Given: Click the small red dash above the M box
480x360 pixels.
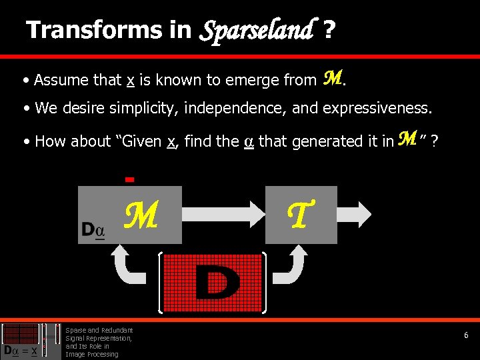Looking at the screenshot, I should click(130, 179).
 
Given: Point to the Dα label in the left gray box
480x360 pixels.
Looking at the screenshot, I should click(93, 230).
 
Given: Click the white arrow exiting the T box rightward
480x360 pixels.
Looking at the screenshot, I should click(361, 215).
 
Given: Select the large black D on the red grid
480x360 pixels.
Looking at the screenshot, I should click(217, 283).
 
